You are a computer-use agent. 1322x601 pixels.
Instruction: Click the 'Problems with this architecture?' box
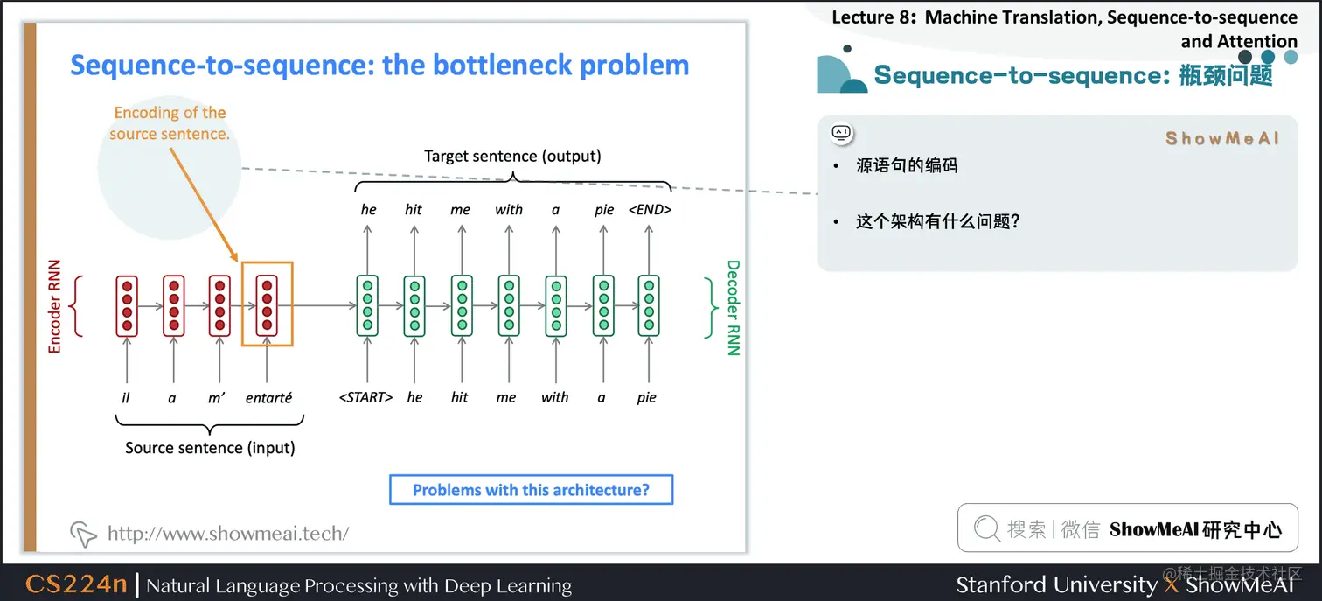pos(532,489)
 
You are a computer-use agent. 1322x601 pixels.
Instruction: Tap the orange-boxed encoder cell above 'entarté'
pos(267,305)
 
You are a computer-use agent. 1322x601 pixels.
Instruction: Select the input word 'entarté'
pos(268,398)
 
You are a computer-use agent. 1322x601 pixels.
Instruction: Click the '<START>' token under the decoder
pos(365,397)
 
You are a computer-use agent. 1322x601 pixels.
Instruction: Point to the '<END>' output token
pos(650,210)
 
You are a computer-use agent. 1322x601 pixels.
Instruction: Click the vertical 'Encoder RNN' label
pos(54,306)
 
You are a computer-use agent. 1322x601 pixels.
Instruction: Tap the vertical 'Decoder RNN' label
pos(733,308)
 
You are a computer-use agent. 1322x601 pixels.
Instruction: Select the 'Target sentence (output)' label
pos(512,156)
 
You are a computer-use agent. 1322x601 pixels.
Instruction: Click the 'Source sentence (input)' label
pos(210,448)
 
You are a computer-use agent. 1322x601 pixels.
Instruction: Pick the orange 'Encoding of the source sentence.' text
pos(170,122)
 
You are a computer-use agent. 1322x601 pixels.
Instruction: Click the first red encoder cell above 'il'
pos(127,305)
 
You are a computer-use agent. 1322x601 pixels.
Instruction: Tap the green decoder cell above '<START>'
pos(367,305)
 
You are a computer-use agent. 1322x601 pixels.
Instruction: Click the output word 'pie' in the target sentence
pos(604,210)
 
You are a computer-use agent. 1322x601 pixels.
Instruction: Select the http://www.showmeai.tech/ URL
pos(228,533)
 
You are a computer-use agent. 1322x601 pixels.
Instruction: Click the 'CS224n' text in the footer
pos(76,584)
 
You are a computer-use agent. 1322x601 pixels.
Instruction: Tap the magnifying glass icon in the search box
pos(987,528)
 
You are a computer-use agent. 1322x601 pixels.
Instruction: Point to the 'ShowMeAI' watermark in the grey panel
pos(1221,138)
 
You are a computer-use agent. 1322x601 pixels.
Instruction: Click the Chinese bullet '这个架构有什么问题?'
pos(938,221)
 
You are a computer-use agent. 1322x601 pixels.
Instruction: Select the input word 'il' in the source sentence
pos(126,397)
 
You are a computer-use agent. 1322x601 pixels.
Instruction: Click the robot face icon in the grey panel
pos(841,133)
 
